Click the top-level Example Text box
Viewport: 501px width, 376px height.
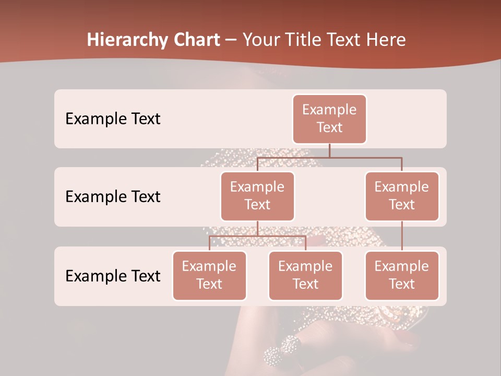[x=329, y=119]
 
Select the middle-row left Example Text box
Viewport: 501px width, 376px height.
[x=257, y=196]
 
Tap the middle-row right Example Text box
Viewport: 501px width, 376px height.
[x=402, y=196]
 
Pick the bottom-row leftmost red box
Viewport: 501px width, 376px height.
[x=209, y=275]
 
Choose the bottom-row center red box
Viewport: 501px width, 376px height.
[x=305, y=275]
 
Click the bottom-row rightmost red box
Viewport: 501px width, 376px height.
[x=402, y=275]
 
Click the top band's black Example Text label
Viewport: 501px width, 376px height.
[x=113, y=119]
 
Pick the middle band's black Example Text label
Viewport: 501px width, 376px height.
[x=113, y=196]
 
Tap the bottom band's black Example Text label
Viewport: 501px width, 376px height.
[x=113, y=276]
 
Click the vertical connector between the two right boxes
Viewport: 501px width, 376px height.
[x=402, y=236]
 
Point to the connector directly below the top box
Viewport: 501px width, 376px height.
[x=329, y=150]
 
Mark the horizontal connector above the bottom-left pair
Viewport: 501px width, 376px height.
[x=257, y=236]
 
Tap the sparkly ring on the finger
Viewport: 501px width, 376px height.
[x=282, y=350]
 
